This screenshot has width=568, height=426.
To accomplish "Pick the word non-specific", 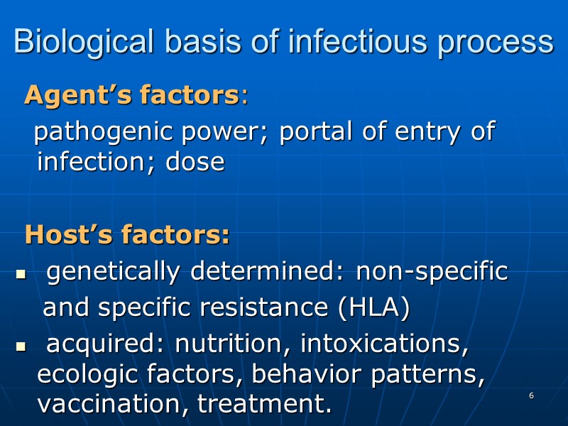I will (x=432, y=272).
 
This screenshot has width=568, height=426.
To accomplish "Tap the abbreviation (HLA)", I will (x=374, y=308).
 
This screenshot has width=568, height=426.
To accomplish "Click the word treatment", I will (x=265, y=405).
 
